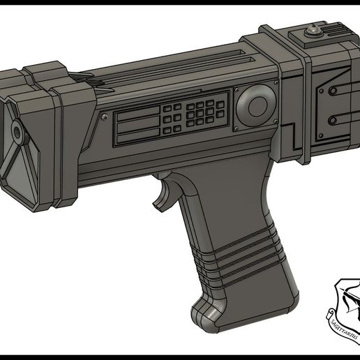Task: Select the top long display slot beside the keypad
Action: (x=137, y=115)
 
